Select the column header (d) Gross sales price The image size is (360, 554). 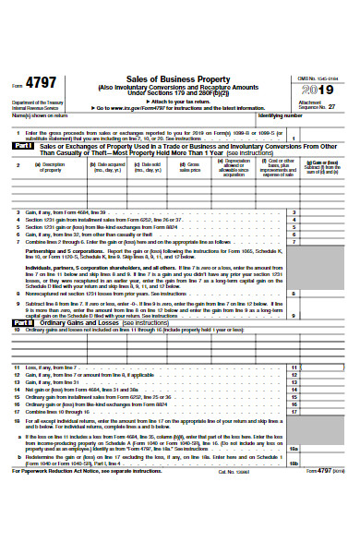pyautogui.click(x=189, y=166)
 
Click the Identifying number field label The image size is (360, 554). pyautogui.click(x=281, y=116)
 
